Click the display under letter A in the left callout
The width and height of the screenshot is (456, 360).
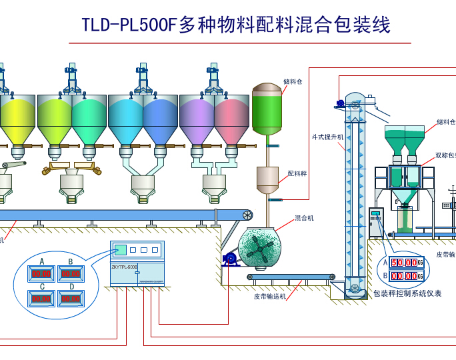(x=42, y=273)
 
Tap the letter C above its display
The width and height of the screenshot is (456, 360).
(x=42, y=287)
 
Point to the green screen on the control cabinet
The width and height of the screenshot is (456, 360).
(x=121, y=250)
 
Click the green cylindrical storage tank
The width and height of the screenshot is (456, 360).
(x=267, y=111)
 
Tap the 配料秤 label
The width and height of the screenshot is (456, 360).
(x=297, y=173)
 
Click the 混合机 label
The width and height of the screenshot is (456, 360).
(x=304, y=218)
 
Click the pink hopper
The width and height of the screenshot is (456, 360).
(x=231, y=117)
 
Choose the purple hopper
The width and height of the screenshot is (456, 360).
(x=197, y=117)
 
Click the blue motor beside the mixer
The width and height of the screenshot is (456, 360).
(x=231, y=258)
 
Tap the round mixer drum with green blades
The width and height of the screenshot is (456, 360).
(x=259, y=249)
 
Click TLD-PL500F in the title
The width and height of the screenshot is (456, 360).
(x=129, y=26)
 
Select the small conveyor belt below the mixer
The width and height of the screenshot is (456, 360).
(x=291, y=277)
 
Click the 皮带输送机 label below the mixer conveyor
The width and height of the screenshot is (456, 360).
(x=269, y=295)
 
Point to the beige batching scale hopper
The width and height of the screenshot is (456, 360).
(x=267, y=179)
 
